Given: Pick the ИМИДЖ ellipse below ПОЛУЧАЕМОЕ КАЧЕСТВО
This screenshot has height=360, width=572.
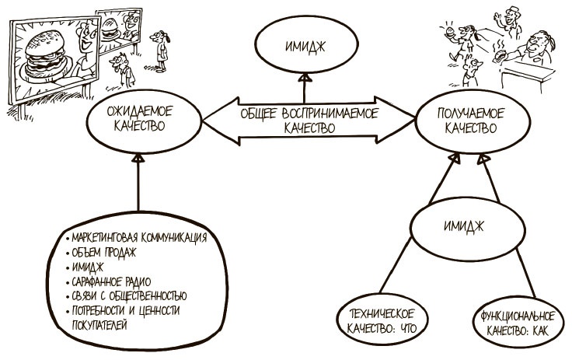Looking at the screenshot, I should click(464, 226).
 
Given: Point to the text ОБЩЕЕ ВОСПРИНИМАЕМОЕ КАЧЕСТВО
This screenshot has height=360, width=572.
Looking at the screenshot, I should click(309, 121).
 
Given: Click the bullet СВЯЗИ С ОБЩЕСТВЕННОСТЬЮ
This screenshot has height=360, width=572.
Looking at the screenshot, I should click(128, 296).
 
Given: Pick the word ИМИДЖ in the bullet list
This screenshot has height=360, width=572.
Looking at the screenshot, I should click(86, 267).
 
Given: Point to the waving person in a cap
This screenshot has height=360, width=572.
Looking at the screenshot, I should click(508, 19).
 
